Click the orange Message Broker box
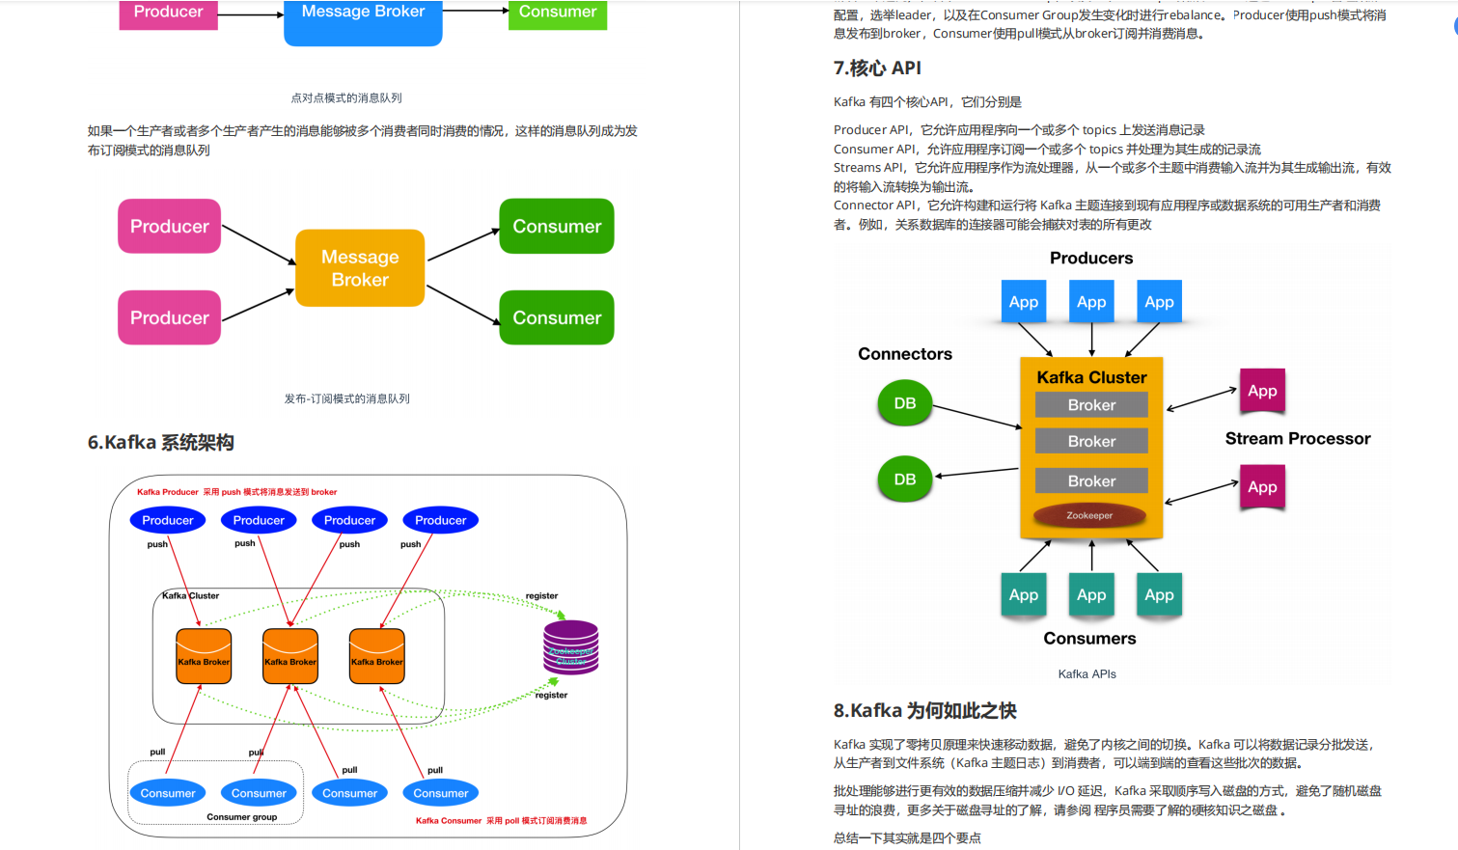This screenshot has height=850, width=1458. pos(360,268)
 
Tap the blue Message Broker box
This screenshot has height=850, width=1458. pos(363,19)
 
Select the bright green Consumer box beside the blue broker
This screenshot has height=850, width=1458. pos(558,14)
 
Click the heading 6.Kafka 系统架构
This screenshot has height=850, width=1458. pos(161,443)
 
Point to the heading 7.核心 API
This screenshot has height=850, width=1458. pos(877,69)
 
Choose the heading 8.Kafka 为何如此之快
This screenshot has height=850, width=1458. pos(924,711)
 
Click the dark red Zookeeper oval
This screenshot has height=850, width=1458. pos(1089,515)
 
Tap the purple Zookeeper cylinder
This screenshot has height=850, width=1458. pos(571,647)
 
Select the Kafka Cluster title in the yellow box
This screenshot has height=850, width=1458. pos(1091,377)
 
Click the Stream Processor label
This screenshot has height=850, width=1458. pos(1297,439)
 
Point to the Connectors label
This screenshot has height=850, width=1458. pos(905,354)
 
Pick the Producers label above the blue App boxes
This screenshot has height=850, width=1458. pos(1091,259)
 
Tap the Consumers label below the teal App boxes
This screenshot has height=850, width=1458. pos(1089,639)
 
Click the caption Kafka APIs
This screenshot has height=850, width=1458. pos(1087,674)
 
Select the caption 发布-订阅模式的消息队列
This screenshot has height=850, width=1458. pos(346,398)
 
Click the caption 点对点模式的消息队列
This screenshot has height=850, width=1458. pos(346,98)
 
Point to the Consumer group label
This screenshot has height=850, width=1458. pos(241,817)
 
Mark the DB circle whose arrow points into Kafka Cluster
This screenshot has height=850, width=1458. pos(905,403)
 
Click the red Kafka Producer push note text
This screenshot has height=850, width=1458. pos(236,492)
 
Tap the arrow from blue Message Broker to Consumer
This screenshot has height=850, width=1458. pos(475,12)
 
